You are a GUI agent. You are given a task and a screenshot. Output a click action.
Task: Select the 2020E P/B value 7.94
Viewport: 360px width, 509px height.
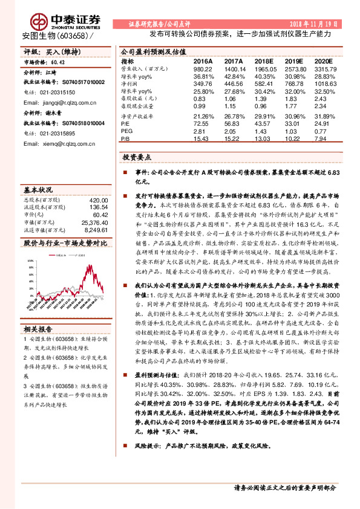tap(323, 138)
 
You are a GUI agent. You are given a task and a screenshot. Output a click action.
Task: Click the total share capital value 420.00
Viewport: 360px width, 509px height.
tap(98, 199)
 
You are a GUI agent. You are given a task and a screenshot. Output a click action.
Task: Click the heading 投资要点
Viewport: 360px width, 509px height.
tap(140, 157)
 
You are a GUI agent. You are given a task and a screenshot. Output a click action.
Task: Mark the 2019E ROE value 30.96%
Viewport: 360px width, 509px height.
tap(293, 117)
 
